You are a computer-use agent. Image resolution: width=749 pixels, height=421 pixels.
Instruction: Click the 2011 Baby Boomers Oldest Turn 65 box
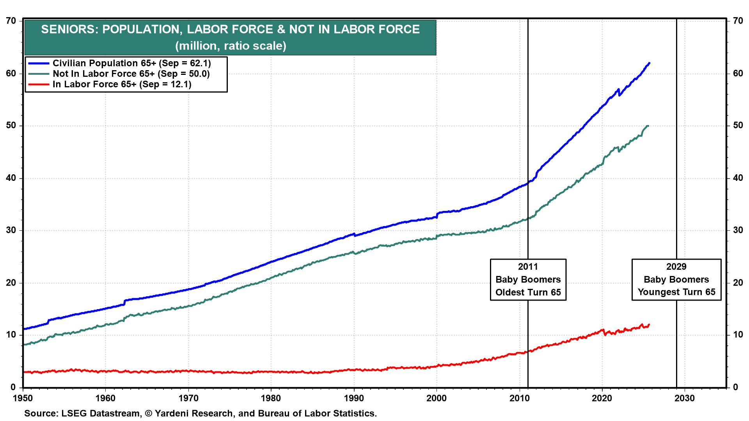[x=528, y=279]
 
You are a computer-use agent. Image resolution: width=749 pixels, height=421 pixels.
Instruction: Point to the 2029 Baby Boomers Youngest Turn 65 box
[x=676, y=279]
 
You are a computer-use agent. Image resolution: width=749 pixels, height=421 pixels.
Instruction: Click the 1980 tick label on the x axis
[x=271, y=398]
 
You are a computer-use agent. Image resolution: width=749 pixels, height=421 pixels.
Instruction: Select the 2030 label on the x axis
[x=685, y=398]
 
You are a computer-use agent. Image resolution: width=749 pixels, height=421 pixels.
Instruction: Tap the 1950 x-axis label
[x=23, y=398]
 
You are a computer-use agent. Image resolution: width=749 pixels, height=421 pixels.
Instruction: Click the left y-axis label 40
[x=11, y=178]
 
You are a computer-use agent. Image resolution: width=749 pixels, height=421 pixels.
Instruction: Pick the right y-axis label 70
[x=738, y=21]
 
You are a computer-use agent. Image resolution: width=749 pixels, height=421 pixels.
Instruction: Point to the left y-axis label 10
[x=11, y=335]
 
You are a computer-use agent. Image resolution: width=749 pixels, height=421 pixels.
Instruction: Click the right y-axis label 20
[x=738, y=283]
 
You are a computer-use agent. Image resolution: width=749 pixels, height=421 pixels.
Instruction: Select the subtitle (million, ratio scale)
[x=231, y=46]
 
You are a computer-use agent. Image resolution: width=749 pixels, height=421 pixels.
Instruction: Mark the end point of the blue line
[x=649, y=63]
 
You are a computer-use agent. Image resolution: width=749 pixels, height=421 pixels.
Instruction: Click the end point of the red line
[x=649, y=324]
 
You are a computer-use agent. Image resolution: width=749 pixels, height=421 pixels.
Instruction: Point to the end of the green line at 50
[x=648, y=126]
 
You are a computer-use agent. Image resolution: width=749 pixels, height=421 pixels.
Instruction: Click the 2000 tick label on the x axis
[x=437, y=398]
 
